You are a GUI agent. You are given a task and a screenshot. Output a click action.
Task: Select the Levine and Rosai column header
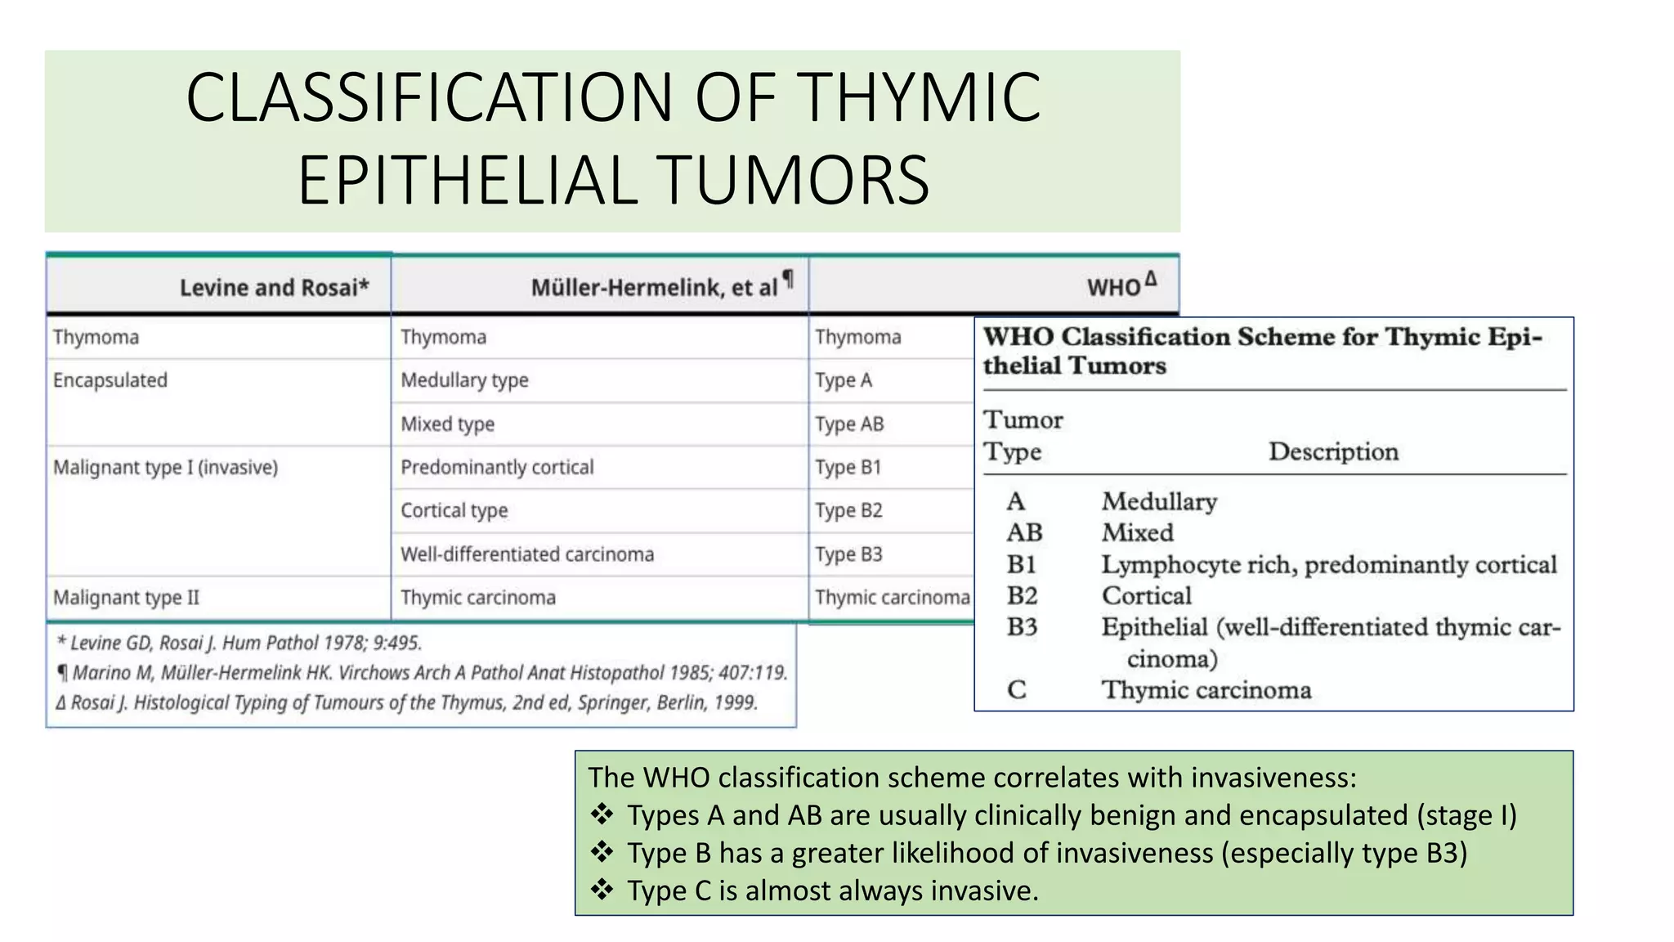[x=274, y=288]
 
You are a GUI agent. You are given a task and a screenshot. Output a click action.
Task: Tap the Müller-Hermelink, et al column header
[x=654, y=288]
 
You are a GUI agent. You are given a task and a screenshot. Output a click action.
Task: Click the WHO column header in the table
[x=1113, y=288]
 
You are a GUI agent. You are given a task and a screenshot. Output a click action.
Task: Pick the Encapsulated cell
[x=110, y=380]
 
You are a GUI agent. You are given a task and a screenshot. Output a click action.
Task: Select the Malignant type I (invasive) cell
[x=165, y=467]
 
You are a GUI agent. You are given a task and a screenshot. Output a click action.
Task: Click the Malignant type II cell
[x=126, y=598]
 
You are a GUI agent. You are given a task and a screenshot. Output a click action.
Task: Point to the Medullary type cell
[x=464, y=380]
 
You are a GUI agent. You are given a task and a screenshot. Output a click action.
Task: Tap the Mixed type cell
[x=447, y=424]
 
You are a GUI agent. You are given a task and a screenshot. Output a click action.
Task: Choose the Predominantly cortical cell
[x=497, y=467]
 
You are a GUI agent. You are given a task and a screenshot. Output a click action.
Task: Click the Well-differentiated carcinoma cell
[x=527, y=554]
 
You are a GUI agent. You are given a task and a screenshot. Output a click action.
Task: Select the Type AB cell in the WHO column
[x=849, y=424]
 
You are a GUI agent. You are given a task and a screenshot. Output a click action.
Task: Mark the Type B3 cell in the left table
[x=848, y=554]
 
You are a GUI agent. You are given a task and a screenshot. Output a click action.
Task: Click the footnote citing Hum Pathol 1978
[x=239, y=643]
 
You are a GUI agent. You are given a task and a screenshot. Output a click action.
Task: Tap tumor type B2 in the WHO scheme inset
[x=1022, y=596]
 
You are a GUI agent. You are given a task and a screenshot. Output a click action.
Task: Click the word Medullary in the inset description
[x=1159, y=501]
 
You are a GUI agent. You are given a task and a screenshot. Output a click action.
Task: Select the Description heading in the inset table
[x=1333, y=451]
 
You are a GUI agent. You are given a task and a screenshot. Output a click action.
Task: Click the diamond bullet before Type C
[x=602, y=890]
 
